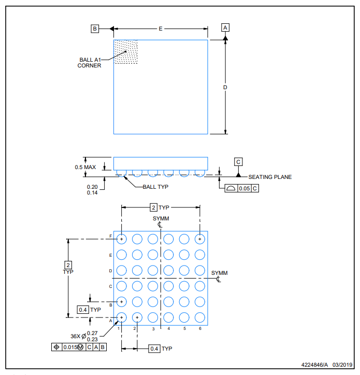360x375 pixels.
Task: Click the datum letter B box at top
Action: tap(95, 29)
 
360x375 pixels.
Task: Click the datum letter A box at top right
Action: tap(225, 27)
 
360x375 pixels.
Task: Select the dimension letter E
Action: tap(161, 29)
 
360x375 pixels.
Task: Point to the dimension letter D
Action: tap(225, 87)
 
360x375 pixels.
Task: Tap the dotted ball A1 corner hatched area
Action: tap(126, 52)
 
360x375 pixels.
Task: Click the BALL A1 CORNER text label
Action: tap(90, 62)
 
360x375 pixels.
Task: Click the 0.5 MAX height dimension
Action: tap(85, 167)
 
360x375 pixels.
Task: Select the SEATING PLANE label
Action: tap(270, 177)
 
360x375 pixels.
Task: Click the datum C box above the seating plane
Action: tap(238, 162)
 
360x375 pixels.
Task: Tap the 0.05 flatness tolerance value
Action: tap(243, 188)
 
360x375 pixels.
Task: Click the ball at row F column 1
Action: tap(121, 239)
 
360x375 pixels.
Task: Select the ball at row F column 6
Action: tap(200, 239)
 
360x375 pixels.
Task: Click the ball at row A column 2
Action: tap(137, 317)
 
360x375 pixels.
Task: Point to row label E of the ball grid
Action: tap(110, 255)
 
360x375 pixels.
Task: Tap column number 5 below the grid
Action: tap(185, 329)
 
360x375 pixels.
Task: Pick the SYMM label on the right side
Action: tap(219, 273)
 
